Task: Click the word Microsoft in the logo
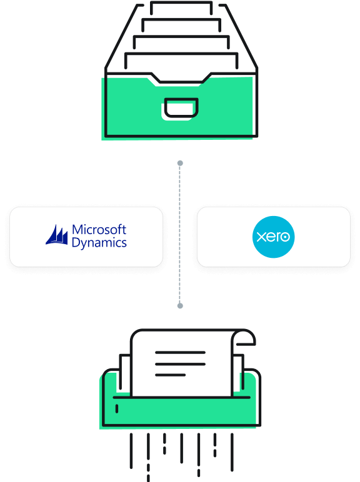pyautogui.click(x=99, y=230)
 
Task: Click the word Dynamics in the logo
pyautogui.click(x=99, y=243)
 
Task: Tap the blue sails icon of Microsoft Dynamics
pyautogui.click(x=57, y=235)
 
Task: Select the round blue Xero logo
pyautogui.click(x=273, y=237)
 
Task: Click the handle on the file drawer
pyautogui.click(x=181, y=107)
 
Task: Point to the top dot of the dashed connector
pyautogui.click(x=180, y=163)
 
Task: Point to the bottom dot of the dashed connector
pyautogui.click(x=180, y=305)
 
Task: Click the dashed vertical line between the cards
pyautogui.click(x=180, y=234)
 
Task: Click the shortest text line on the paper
pyautogui.click(x=170, y=375)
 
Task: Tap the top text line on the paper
pyautogui.click(x=180, y=353)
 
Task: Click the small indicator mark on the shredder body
pyautogui.click(x=117, y=408)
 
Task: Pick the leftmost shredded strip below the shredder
pyautogui.click(x=131, y=451)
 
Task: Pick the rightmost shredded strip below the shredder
pyautogui.click(x=232, y=452)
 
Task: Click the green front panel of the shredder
pyautogui.click(x=181, y=412)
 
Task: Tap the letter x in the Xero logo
pyautogui.click(x=261, y=237)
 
